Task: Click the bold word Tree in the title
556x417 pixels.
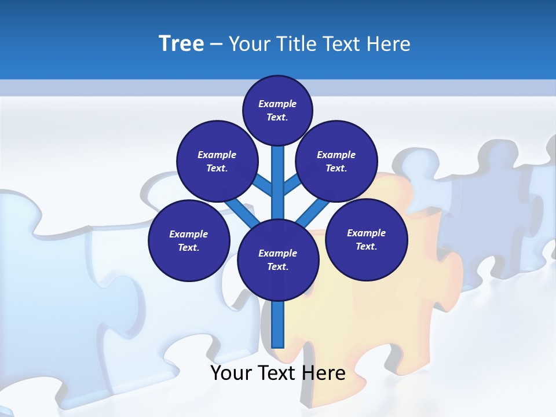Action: coord(181,43)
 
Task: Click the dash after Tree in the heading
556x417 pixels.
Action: coord(216,45)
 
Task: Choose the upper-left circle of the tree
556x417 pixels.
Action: coord(217,161)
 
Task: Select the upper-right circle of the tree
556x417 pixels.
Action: coord(336,161)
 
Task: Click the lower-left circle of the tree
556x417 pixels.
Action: coord(189,240)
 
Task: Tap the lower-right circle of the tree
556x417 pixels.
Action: coord(366,239)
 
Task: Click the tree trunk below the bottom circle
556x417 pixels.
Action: coord(278,324)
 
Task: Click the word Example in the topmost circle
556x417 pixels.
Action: coord(277,104)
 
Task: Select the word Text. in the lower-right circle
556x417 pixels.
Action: coord(366,246)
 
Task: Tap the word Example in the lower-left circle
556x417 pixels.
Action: coord(189,234)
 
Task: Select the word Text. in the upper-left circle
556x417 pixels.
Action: coord(217,168)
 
